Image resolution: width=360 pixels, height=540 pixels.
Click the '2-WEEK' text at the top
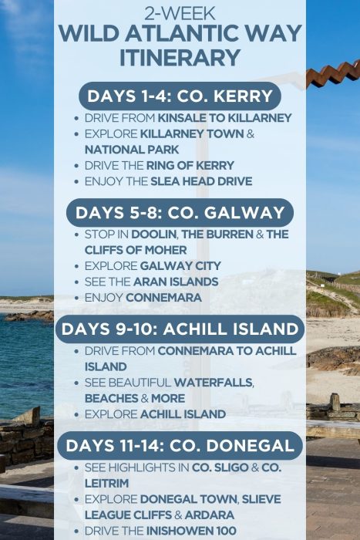179,12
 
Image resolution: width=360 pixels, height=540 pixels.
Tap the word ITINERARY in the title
179,56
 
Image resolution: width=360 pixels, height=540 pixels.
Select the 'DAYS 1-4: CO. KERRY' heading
180,96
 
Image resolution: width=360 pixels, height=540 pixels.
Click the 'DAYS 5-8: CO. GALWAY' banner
180,212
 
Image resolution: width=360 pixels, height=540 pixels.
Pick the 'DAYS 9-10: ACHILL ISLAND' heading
180,329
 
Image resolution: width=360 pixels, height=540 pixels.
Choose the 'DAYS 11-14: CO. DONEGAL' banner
180,445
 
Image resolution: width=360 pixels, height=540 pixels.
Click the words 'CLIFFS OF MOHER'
136,250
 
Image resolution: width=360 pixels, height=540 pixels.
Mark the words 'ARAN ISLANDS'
179,282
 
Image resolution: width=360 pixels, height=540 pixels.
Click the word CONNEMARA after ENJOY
163,297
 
